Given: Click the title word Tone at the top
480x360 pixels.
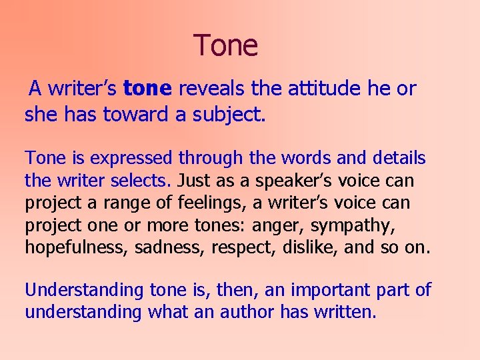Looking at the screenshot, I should pyautogui.click(x=225, y=45).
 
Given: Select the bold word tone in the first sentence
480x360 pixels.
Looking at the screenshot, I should pyautogui.click(x=148, y=89).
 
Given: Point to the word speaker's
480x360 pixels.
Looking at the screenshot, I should pyautogui.click(x=296, y=181).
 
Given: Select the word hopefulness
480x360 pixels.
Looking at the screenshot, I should pyautogui.click(x=76, y=248).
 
